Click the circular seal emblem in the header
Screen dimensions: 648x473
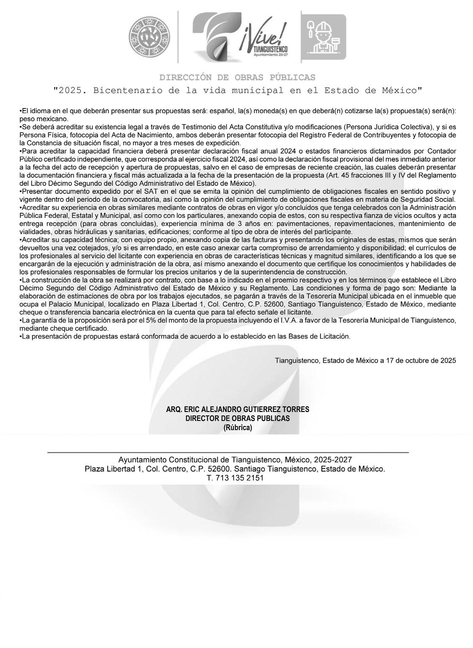(151, 37)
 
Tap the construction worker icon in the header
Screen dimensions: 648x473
(323, 37)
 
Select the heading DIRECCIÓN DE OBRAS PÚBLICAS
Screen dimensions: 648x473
(237, 78)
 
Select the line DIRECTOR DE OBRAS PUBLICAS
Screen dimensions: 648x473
(237, 418)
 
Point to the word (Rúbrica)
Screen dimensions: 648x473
(237, 427)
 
